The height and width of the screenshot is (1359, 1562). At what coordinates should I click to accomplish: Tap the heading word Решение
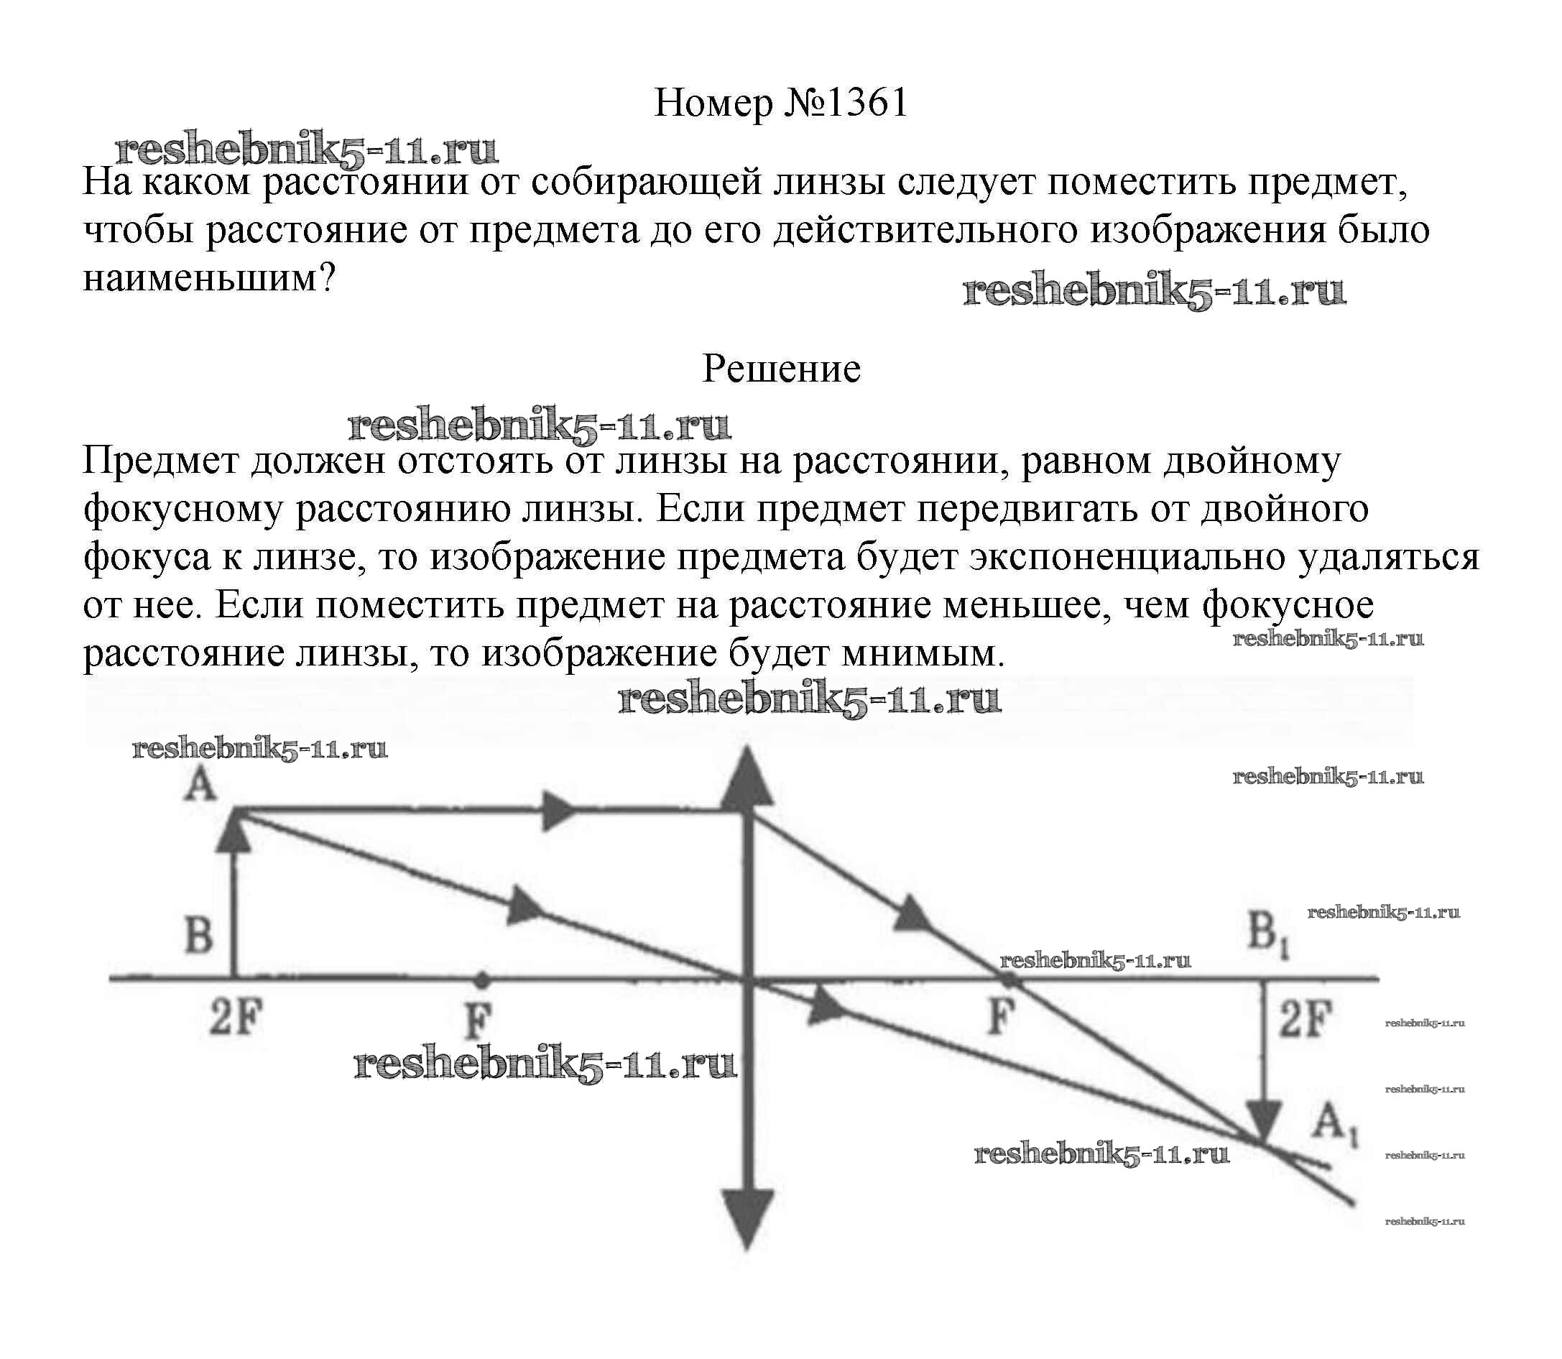(781, 369)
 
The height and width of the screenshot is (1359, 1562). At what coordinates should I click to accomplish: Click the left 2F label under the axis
(235, 1018)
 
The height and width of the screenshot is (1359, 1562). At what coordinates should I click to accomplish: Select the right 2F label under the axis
(1305, 1018)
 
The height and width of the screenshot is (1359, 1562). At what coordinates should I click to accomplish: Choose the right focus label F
(1001, 1017)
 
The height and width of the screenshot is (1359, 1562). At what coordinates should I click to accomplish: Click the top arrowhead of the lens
(747, 778)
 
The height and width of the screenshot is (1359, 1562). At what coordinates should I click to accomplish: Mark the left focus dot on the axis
(481, 980)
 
